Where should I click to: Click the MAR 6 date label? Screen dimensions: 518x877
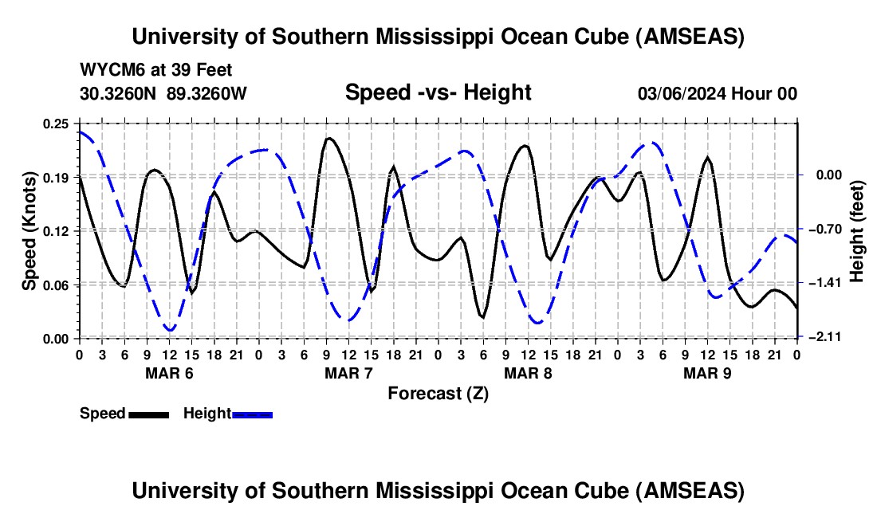pos(169,373)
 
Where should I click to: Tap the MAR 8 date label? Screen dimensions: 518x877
pos(528,373)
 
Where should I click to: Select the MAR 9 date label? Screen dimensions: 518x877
pos(707,373)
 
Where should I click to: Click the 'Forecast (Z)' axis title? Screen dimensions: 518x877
pos(438,393)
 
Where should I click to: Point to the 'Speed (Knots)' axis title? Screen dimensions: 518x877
pos(29,230)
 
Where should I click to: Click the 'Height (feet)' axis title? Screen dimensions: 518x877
pos(858,230)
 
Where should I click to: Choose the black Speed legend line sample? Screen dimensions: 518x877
pos(147,414)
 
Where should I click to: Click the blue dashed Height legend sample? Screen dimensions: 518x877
pos(252,414)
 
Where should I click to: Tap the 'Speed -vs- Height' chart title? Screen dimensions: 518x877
pos(438,93)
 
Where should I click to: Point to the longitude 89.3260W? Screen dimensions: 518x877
pos(207,94)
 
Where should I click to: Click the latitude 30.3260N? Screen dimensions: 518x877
pos(120,94)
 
